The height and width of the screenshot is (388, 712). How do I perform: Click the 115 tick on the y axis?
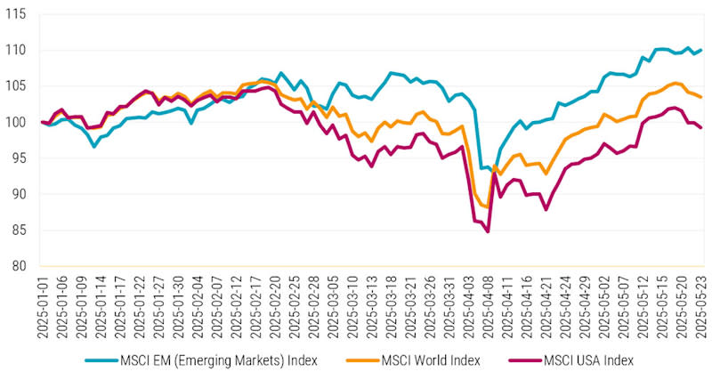click(16, 14)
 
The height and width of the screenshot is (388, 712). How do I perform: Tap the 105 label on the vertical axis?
click(16, 86)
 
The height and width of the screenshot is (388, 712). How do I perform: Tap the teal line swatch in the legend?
click(101, 360)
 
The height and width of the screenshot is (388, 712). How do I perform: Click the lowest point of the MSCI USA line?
click(489, 232)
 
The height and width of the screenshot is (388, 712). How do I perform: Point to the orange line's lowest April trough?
click(485, 206)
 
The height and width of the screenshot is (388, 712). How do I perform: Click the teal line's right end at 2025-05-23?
click(701, 50)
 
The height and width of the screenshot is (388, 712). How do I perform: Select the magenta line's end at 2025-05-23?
click(701, 127)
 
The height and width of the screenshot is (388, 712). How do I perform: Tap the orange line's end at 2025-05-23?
click(701, 97)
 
